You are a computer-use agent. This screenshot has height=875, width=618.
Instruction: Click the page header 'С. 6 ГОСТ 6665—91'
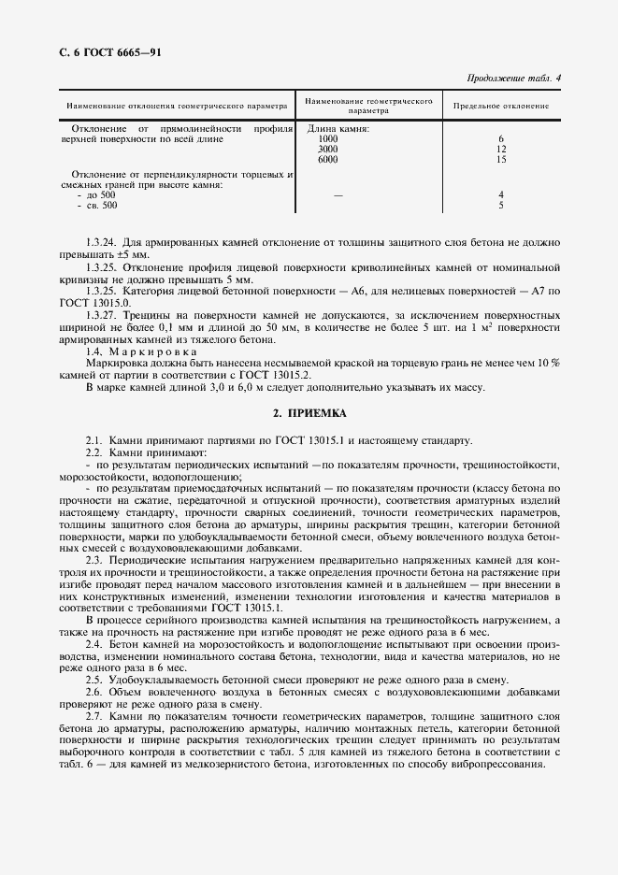click(96, 53)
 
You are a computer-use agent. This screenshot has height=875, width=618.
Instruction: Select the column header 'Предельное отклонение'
click(501, 106)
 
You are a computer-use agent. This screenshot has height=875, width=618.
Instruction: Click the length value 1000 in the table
click(328, 139)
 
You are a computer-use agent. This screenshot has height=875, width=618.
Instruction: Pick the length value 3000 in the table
click(328, 150)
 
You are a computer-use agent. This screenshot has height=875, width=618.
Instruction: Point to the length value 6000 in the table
click(328, 160)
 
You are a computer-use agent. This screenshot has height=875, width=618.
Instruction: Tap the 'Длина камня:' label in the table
click(333, 129)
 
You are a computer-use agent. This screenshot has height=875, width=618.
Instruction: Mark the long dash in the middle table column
click(338, 194)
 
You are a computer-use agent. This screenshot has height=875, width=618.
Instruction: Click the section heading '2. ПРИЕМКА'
click(309, 412)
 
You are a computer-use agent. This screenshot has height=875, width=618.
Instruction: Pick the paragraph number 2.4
click(93, 645)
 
